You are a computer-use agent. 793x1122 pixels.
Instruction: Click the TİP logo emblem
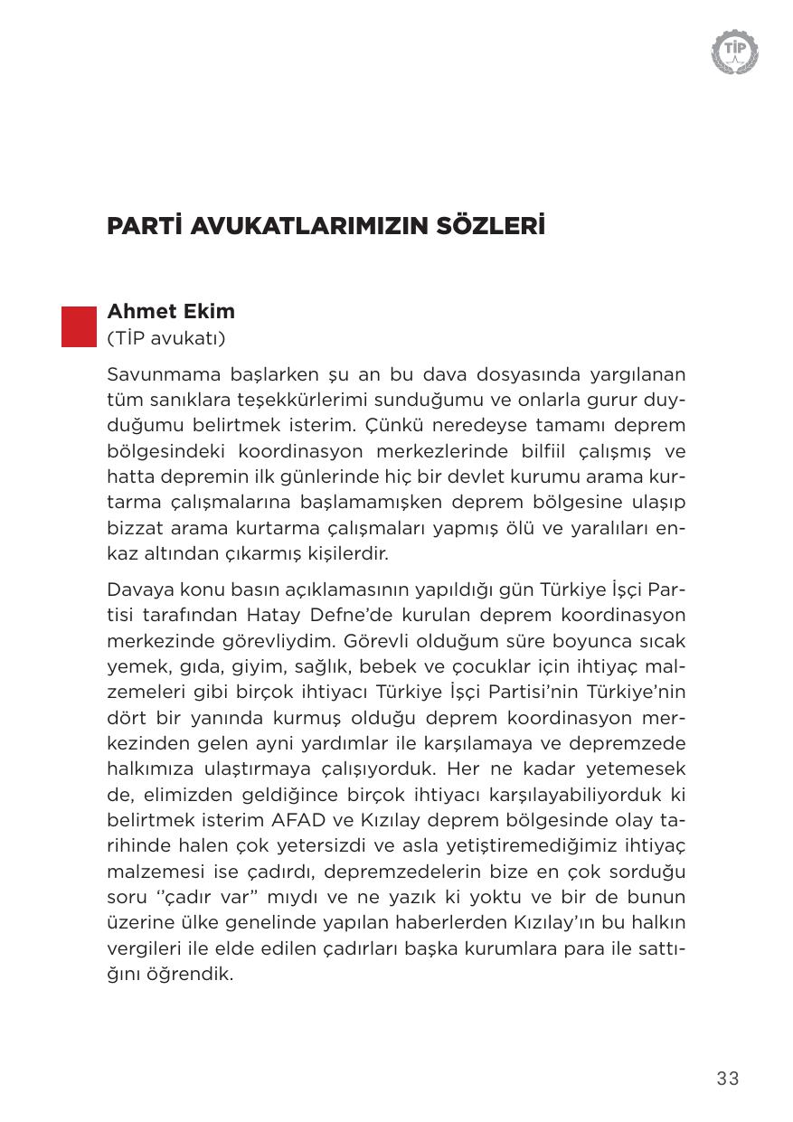pos(734,51)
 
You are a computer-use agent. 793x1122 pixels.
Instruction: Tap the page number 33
pos(727,1078)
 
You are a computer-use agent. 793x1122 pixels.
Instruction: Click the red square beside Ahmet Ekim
pos(79,326)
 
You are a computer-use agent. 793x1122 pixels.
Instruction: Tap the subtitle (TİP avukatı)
pos(165,339)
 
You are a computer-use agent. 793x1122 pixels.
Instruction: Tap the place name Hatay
pos(273,615)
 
